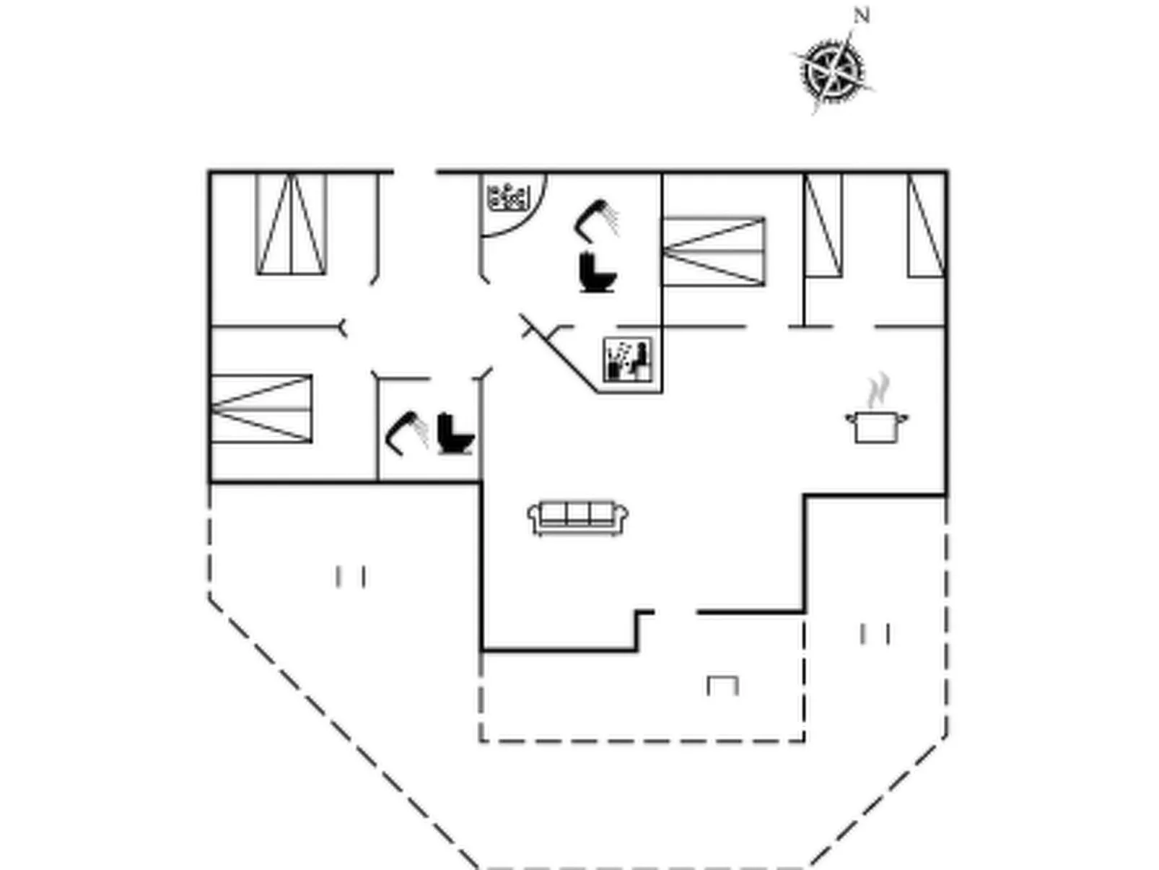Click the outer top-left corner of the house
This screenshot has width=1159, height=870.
[x=209, y=170]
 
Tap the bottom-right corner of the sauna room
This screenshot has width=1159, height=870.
[x=662, y=393]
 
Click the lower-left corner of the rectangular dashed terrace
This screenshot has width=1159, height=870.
[x=481, y=741]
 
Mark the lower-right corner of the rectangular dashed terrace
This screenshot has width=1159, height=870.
[x=804, y=741]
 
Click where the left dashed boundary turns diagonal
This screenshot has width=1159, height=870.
[x=209, y=598]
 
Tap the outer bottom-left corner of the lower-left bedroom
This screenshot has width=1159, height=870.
[x=209, y=482]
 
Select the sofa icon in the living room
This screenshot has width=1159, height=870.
[x=577, y=518]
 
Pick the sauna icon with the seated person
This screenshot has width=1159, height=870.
[x=628, y=360]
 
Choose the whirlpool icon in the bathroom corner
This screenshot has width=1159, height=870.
[x=507, y=197]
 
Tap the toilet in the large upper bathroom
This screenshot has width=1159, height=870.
[x=598, y=272]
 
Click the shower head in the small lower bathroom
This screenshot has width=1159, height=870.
[x=406, y=432]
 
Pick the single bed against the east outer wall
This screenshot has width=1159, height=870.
[x=926, y=225]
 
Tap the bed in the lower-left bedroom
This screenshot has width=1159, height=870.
[x=261, y=409]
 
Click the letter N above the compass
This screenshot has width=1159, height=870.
[x=862, y=16]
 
